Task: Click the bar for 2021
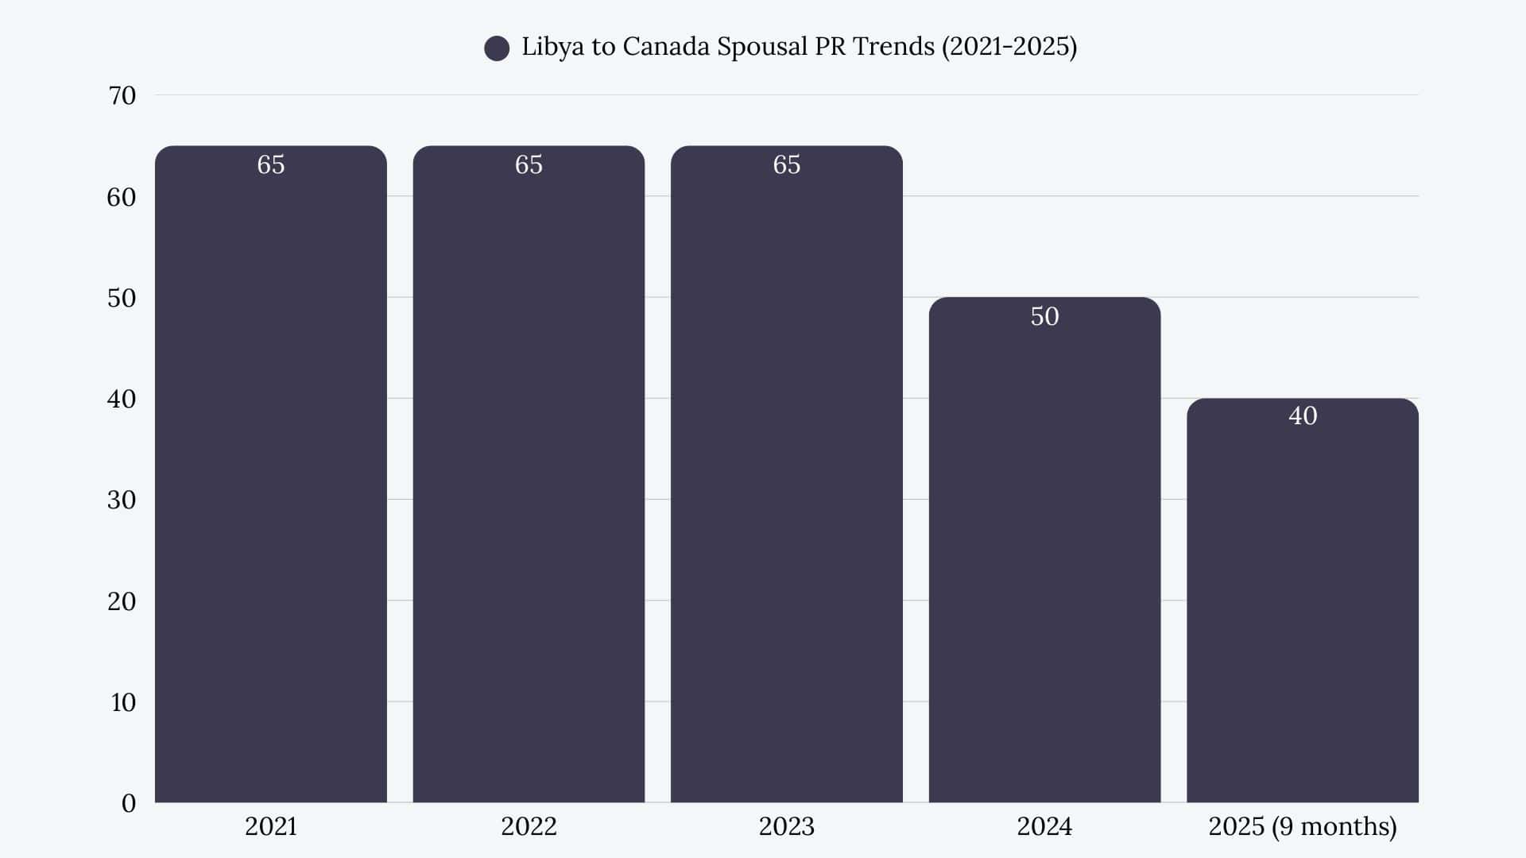270,477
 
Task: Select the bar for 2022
529,477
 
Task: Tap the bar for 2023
786,477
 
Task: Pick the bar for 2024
1044,556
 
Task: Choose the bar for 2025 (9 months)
1302,604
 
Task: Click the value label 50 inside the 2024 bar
1044,316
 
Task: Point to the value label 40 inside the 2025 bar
1303,415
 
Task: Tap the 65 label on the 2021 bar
270,164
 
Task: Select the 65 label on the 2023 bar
786,164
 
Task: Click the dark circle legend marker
497,48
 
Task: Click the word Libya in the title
552,47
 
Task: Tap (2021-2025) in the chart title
1009,47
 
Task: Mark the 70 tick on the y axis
122,95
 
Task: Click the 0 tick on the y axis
129,803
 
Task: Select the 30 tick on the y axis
122,500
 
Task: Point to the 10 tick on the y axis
123,702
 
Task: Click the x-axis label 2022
529,826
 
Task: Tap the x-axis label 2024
1044,826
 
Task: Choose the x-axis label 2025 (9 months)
1302,826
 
